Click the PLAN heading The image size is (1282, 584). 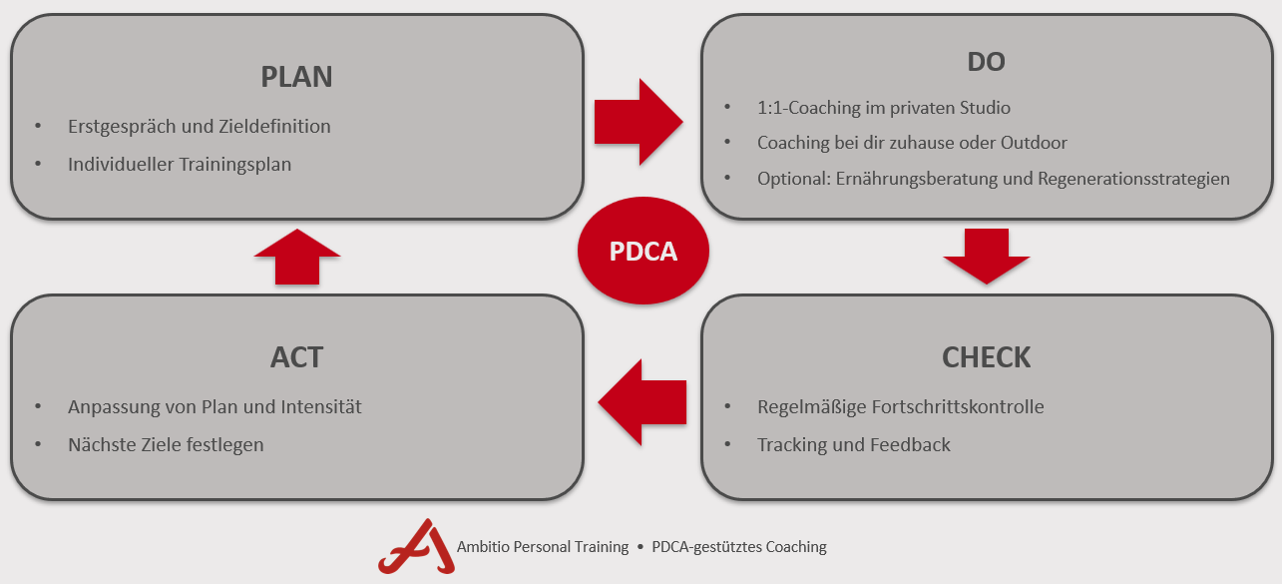[x=296, y=77]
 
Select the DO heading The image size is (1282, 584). [x=986, y=62]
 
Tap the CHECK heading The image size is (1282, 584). [x=986, y=357]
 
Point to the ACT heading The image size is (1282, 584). [x=296, y=357]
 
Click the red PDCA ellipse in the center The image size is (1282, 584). [x=642, y=252]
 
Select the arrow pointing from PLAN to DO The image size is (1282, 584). [x=638, y=122]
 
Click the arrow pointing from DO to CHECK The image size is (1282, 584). [x=986, y=257]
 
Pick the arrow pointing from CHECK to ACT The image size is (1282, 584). [x=641, y=401]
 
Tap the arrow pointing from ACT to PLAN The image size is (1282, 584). [x=296, y=257]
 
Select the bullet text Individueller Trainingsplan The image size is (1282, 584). [x=180, y=165]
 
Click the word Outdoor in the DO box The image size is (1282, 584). [x=1034, y=143]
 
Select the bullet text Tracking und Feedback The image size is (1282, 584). [x=854, y=444]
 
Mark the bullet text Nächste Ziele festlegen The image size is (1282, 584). [x=166, y=444]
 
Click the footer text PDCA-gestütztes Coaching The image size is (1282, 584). [x=739, y=547]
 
